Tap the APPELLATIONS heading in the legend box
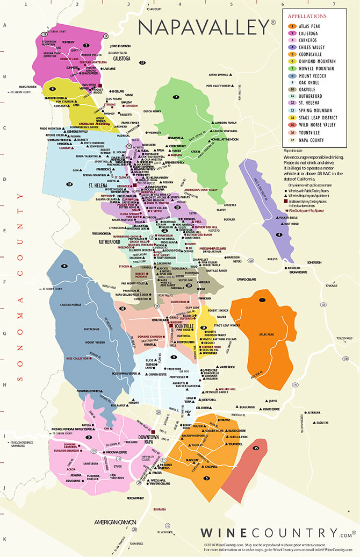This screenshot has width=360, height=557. [307, 16]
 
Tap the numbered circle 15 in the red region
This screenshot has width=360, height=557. [256, 447]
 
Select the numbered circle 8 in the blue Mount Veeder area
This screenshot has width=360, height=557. [65, 266]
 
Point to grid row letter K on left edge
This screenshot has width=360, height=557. [4, 538]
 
